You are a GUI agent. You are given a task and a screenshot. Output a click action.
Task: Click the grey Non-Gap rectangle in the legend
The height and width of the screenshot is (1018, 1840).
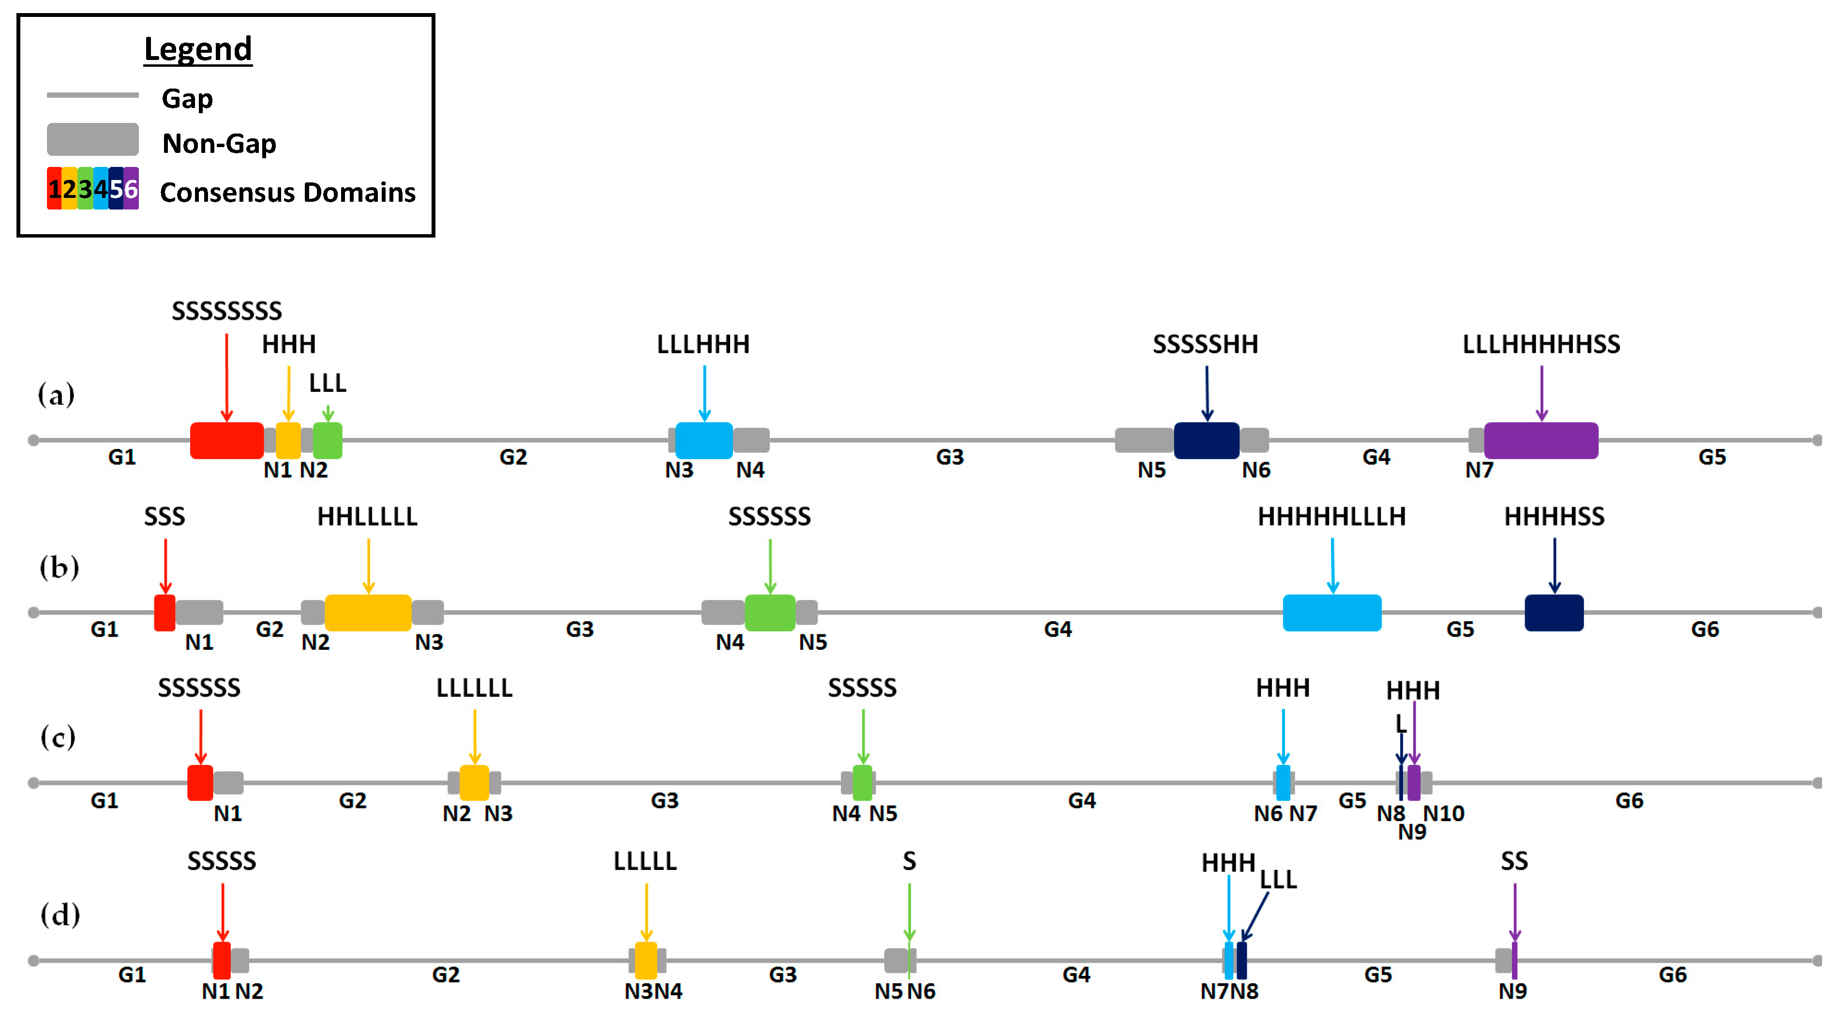tap(93, 139)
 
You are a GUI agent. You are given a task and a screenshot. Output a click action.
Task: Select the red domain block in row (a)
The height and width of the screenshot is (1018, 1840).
tap(226, 440)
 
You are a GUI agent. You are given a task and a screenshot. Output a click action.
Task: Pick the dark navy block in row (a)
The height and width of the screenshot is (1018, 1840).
tap(1207, 440)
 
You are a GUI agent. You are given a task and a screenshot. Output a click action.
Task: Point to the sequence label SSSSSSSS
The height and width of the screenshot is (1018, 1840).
tap(226, 311)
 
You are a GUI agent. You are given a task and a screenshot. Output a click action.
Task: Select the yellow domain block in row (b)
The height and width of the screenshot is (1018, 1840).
tap(368, 612)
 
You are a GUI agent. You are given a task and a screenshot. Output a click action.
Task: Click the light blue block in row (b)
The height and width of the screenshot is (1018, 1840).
tap(1331, 612)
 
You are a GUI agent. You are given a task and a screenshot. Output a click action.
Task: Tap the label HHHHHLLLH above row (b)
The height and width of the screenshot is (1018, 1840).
tap(1331, 517)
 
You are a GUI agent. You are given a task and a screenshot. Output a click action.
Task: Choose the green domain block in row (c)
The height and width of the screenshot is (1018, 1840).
tap(862, 783)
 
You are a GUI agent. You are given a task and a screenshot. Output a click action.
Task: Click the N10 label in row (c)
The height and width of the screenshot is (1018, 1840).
tap(1444, 813)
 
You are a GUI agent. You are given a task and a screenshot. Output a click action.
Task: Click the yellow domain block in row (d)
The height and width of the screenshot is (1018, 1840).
tap(646, 960)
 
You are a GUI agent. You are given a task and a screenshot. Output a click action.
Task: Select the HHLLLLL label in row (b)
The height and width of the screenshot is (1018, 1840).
tap(367, 517)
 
